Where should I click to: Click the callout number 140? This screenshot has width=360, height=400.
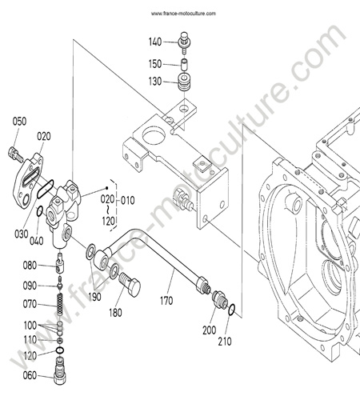[x=155, y=42]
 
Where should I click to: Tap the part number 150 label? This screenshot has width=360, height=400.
[x=155, y=64]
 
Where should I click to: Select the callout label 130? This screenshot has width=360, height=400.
[x=155, y=82]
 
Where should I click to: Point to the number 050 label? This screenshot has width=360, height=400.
[x=19, y=122]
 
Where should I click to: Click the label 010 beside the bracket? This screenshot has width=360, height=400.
[x=128, y=201]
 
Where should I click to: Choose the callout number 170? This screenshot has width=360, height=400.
[x=166, y=301]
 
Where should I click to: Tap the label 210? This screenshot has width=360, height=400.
[x=225, y=342]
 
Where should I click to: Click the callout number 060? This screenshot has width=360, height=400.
[x=30, y=375]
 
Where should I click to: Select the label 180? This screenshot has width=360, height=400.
[x=115, y=313]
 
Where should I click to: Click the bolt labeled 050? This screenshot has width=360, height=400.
[x=15, y=154]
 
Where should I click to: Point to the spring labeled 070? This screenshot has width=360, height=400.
[x=60, y=304]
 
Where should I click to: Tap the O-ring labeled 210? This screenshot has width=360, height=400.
[x=232, y=310]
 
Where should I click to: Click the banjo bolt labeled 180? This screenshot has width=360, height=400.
[x=130, y=284]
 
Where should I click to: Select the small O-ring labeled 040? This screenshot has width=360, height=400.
[x=39, y=211]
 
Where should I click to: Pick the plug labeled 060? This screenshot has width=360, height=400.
[x=60, y=371]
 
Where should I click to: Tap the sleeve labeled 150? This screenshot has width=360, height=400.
[x=184, y=64]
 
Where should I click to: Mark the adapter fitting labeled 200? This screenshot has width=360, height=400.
[x=220, y=299]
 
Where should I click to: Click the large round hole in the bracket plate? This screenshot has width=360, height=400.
[x=154, y=135]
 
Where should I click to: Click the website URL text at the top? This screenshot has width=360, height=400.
[x=183, y=14]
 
